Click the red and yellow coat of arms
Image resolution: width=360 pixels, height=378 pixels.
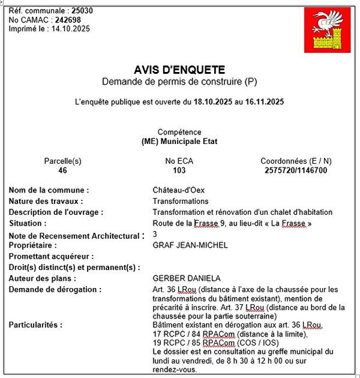click(327, 29)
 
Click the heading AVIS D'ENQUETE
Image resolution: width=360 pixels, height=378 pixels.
click(179, 70)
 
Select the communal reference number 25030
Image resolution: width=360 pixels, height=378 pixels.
click(82, 11)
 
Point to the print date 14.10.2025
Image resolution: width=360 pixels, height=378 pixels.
click(70, 29)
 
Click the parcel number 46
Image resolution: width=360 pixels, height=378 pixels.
click(62, 170)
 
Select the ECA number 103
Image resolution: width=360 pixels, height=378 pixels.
click(179, 170)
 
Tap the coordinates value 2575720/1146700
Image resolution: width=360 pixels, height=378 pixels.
click(296, 170)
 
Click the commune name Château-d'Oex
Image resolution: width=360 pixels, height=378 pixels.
click(179, 190)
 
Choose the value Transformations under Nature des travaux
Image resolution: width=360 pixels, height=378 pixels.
click(181, 201)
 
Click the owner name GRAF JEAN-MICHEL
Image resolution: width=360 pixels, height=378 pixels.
click(190, 245)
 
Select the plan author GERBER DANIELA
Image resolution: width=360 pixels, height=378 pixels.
click(187, 278)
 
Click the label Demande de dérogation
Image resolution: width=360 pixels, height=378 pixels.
click(55, 289)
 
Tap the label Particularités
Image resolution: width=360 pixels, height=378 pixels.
click(35, 325)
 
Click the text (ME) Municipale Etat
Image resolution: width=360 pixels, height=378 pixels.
click(179, 142)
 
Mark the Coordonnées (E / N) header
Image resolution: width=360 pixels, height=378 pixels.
click(296, 161)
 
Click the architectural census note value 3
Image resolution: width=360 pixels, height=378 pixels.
click(155, 234)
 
